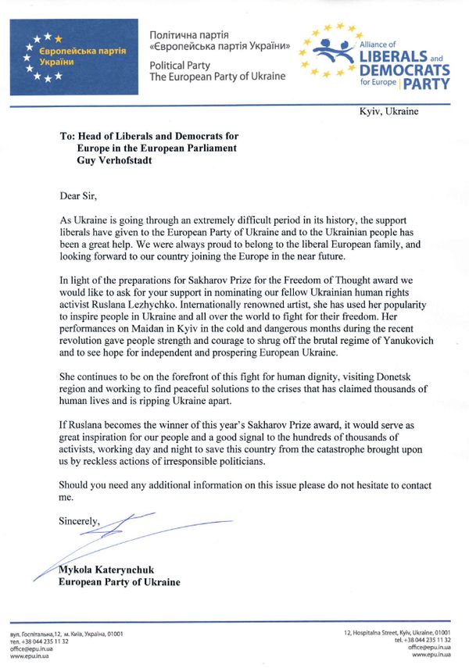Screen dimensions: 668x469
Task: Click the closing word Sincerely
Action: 80,521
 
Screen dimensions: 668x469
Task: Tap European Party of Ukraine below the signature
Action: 120,583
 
